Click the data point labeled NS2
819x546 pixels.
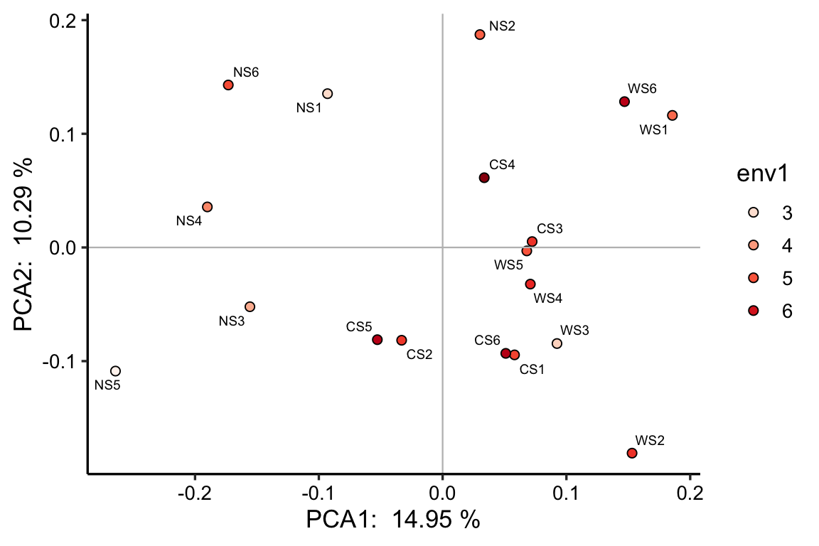(480, 34)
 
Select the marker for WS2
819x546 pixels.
(632, 453)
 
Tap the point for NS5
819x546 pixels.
(115, 371)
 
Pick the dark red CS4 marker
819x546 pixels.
(484, 178)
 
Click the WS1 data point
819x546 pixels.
(673, 115)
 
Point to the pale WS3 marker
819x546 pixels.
(557, 343)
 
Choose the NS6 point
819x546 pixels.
(228, 85)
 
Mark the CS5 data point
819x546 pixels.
(378, 340)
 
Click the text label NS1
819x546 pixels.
(309, 108)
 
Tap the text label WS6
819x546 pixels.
(642, 89)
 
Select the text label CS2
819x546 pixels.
(419, 354)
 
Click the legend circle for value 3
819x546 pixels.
(754, 213)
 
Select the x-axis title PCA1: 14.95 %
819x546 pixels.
(393, 520)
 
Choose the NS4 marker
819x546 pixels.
(207, 207)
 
